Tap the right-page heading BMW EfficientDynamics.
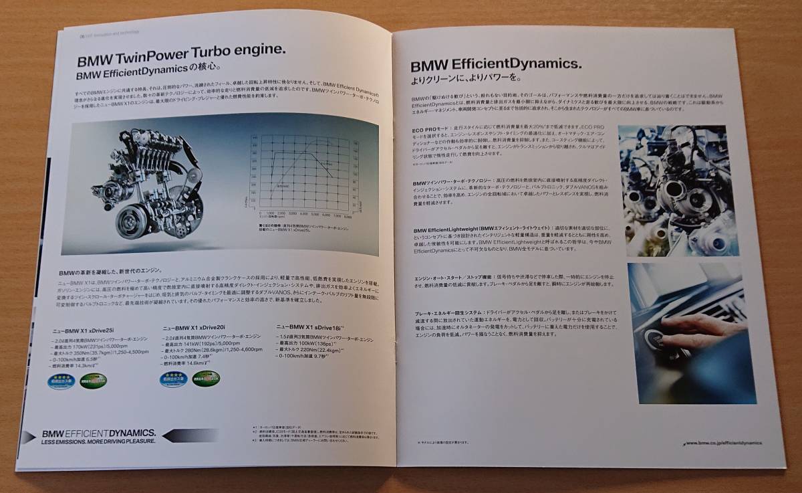coord(495,64)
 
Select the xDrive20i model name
coord(194,328)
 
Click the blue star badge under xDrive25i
coord(63,383)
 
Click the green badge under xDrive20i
coord(207,383)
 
